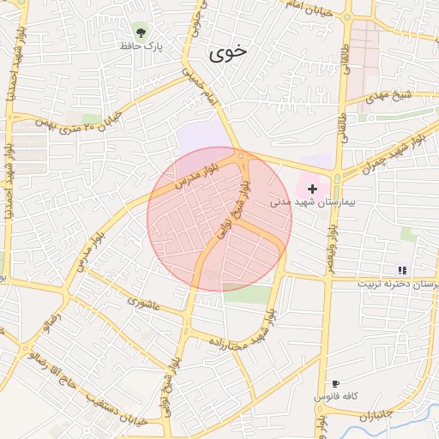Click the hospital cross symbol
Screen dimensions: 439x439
click(312, 188)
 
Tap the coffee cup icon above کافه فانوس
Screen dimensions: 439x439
click(335, 383)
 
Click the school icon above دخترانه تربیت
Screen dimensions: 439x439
click(402, 270)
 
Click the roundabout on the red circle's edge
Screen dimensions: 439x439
click(243, 157)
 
